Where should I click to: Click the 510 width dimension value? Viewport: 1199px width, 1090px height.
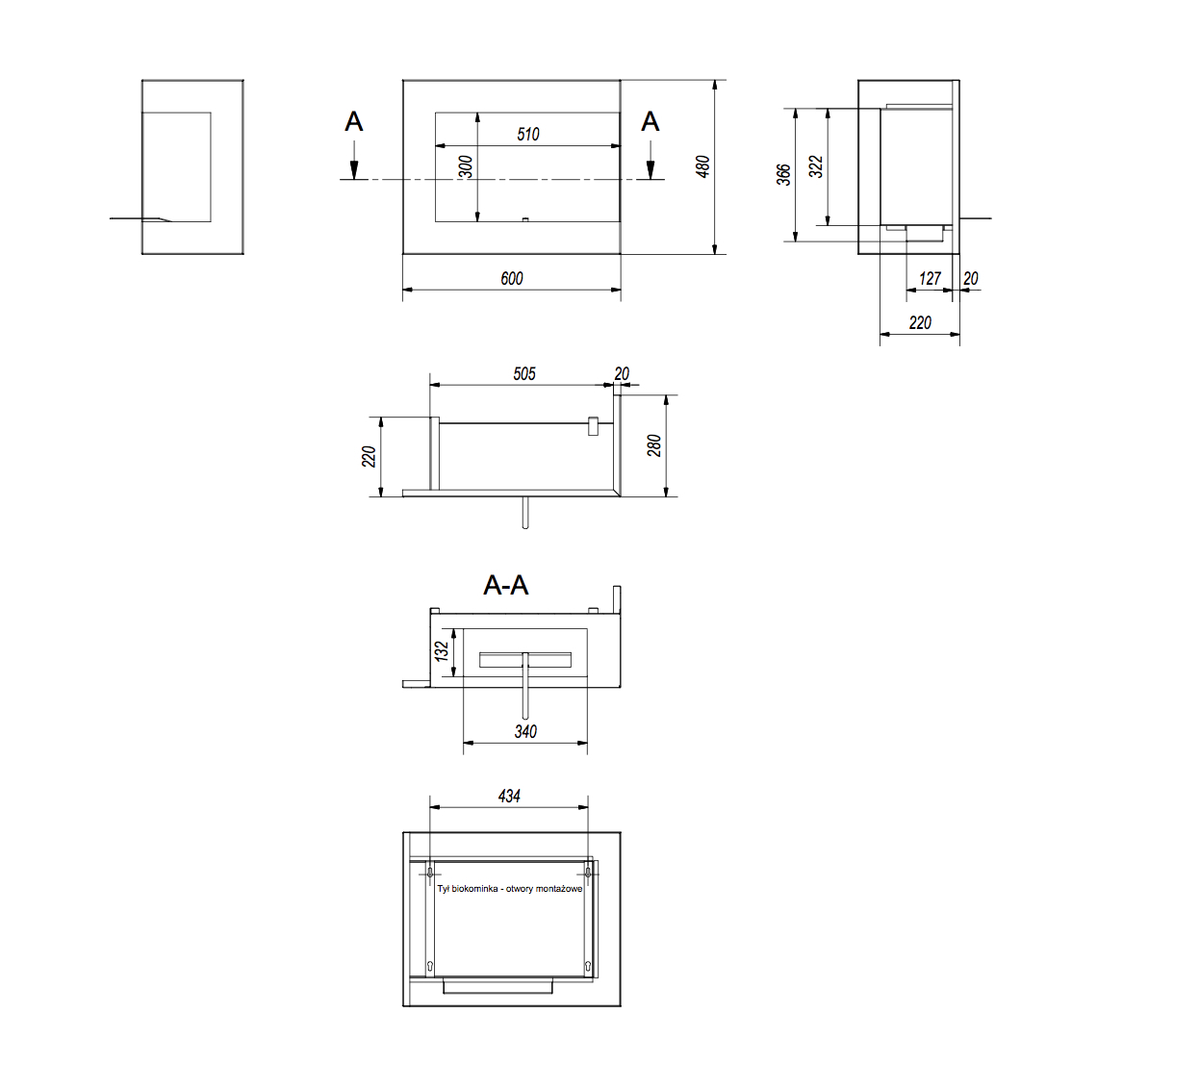527,135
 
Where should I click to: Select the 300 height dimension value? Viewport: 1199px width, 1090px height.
466,166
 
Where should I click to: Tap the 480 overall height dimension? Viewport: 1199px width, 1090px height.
702,166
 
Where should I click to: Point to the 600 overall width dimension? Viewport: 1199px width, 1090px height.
512,278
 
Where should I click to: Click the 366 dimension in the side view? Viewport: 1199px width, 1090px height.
783,174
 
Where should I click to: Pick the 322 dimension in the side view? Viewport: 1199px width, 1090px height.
816,166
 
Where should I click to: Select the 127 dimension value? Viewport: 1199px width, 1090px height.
930,278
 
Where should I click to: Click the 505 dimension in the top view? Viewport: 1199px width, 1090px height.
524,374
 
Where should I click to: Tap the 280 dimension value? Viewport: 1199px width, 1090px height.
654,445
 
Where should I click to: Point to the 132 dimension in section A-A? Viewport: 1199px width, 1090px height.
442,651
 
